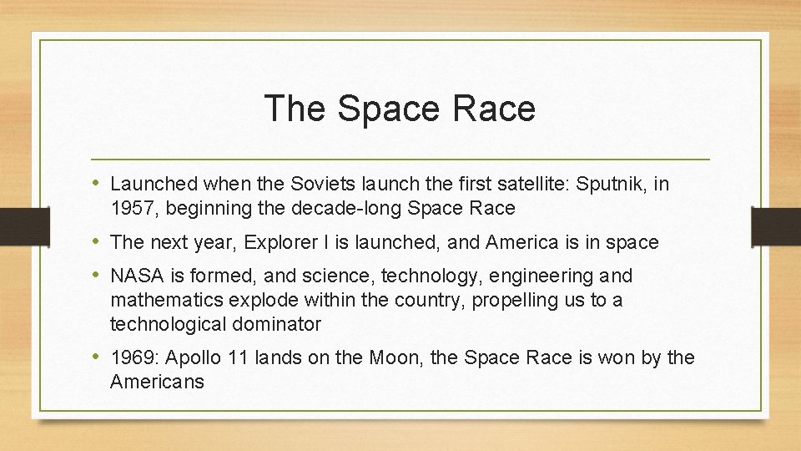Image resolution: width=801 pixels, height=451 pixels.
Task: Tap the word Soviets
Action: pos(310,184)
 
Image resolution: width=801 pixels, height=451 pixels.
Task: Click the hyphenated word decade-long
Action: pos(325,208)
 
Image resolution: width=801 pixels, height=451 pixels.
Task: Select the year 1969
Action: pos(134,358)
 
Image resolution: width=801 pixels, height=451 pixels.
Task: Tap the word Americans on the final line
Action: pos(157,383)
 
